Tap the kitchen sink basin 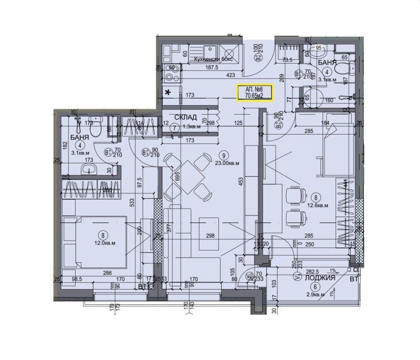(229, 52)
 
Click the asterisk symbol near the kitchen (168, 93)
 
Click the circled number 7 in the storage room (174, 127)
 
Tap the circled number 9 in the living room (224, 155)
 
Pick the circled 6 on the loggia (315, 286)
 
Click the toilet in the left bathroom (94, 121)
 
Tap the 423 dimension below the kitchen (216, 75)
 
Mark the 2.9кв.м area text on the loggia (315, 295)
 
